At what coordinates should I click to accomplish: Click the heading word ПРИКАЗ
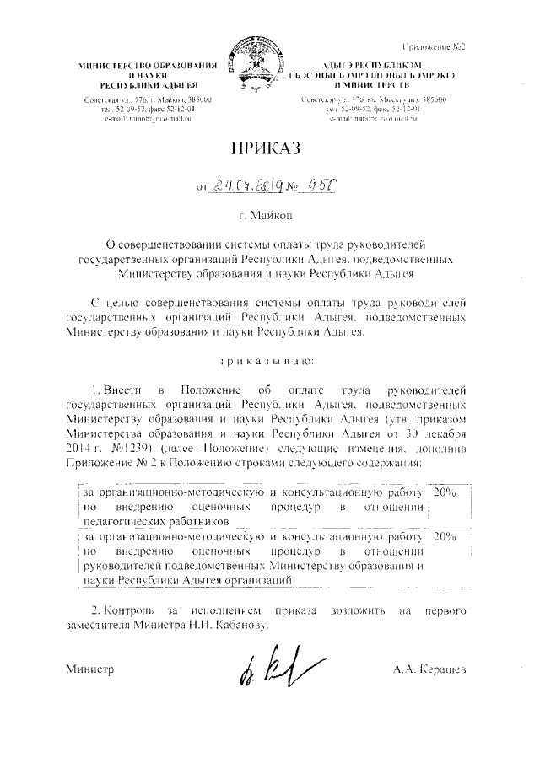[269, 149]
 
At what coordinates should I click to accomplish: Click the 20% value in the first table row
[442, 491]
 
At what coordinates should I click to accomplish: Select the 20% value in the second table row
[442, 535]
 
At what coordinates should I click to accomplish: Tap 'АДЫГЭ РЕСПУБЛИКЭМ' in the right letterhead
[369, 66]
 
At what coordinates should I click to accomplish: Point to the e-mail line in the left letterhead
[143, 119]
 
